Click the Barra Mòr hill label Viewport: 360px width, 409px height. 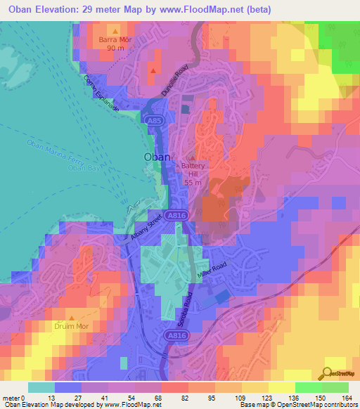(x=115, y=40)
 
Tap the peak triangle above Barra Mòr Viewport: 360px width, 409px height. (x=115, y=32)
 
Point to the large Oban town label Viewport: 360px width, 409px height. (x=156, y=157)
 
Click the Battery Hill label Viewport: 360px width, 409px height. (x=194, y=169)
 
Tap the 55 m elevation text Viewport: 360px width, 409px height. (x=194, y=182)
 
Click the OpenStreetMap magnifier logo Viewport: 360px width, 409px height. (x=328, y=372)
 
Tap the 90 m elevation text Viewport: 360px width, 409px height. (x=115, y=48)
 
